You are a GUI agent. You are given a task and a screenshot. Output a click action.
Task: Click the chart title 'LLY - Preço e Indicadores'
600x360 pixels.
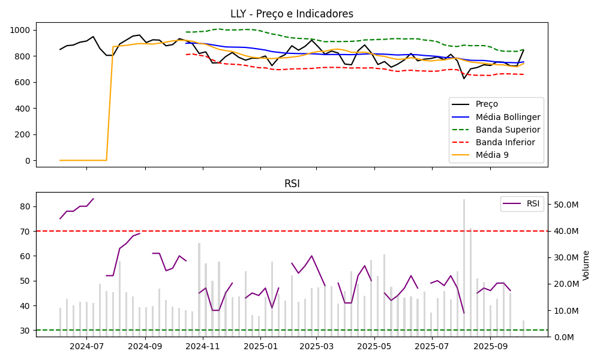[x=292, y=14]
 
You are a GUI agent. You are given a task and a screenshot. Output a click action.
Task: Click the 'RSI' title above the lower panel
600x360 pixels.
[x=292, y=184]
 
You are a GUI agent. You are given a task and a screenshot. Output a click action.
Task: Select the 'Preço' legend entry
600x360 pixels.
[x=486, y=104]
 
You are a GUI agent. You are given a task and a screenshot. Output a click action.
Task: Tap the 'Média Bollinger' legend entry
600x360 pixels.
[x=508, y=117]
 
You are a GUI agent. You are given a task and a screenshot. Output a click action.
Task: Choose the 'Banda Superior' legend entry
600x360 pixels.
[x=508, y=130]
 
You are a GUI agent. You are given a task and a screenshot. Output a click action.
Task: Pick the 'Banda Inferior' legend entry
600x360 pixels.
[x=506, y=142]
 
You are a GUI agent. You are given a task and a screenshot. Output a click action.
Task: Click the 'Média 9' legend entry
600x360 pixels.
[x=492, y=155]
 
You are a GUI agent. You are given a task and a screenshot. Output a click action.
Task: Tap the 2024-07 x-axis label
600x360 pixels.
[x=86, y=346]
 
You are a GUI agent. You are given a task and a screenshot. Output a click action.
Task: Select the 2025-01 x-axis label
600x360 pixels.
[x=260, y=346]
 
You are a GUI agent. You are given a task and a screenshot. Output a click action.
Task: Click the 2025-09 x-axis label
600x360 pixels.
[x=490, y=346]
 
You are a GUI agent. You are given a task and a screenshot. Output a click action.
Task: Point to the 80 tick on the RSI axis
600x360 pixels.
[x=27, y=206]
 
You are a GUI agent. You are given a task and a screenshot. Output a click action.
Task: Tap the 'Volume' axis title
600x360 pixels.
[x=586, y=265]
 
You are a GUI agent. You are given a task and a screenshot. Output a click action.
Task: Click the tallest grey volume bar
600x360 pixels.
[x=464, y=267]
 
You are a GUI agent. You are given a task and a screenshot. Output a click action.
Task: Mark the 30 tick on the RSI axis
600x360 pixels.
[x=27, y=331]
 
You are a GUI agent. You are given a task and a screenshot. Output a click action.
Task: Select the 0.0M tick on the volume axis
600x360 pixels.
[x=565, y=337]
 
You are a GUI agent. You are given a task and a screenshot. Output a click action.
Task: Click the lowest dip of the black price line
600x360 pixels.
[x=464, y=79]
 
